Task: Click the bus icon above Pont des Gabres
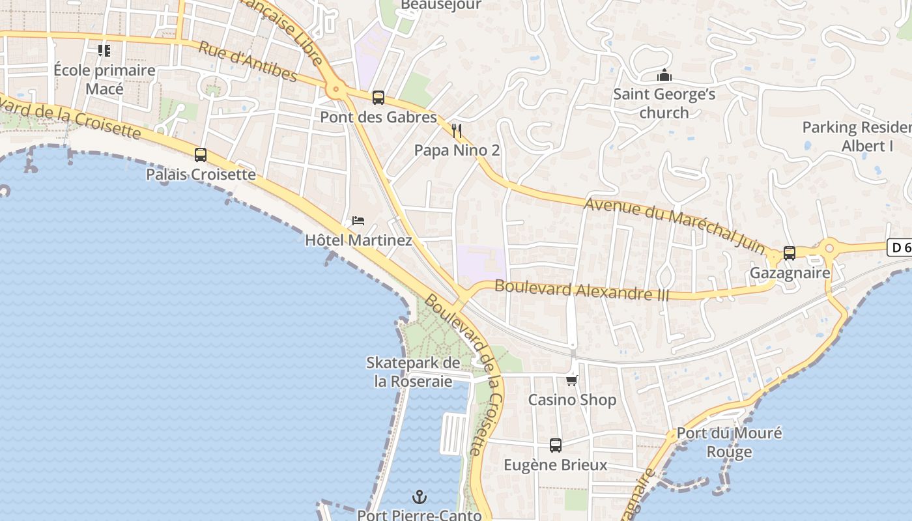378,98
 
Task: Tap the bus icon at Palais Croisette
201,155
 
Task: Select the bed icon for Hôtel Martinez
358,220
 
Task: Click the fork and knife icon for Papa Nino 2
457,131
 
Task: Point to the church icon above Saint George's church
664,75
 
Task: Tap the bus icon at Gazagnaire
790,253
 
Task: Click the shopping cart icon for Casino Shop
572,380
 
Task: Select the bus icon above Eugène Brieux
555,445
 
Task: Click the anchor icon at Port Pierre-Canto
420,497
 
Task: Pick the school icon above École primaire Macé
104,50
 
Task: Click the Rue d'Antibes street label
248,63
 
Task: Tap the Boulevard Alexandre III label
582,290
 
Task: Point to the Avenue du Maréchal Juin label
674,225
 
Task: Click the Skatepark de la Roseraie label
413,372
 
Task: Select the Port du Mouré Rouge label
729,442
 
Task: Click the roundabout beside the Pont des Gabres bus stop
336,89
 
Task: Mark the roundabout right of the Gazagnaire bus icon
829,247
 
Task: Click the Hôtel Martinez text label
358,240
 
